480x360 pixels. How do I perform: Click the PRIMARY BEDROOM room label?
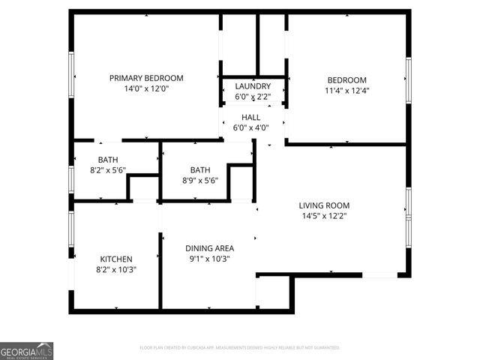coord(146,78)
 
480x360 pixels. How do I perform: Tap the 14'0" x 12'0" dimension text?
coord(146,88)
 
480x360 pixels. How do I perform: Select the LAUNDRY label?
coord(253,86)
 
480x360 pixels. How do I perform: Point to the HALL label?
coord(250,117)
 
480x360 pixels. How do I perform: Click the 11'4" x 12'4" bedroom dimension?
coord(346,91)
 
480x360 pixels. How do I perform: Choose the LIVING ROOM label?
coord(324,205)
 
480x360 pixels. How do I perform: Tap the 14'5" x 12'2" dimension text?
coord(324,216)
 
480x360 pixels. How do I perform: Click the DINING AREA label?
coord(210,248)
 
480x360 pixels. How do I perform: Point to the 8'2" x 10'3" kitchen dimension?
coord(115,268)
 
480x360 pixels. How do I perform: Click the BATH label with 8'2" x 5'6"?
coord(108,160)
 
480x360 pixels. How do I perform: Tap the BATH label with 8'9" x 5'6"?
coord(200,170)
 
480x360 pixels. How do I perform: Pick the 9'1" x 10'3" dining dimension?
coord(210,259)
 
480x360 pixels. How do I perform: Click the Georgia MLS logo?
coord(26,351)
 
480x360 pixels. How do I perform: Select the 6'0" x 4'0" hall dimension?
coord(250,127)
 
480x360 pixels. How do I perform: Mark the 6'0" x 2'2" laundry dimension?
coord(253,97)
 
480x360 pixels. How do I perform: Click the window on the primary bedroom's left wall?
coord(72,78)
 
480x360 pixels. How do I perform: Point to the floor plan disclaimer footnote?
coord(240,348)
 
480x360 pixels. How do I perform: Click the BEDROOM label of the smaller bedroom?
coord(346,80)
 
